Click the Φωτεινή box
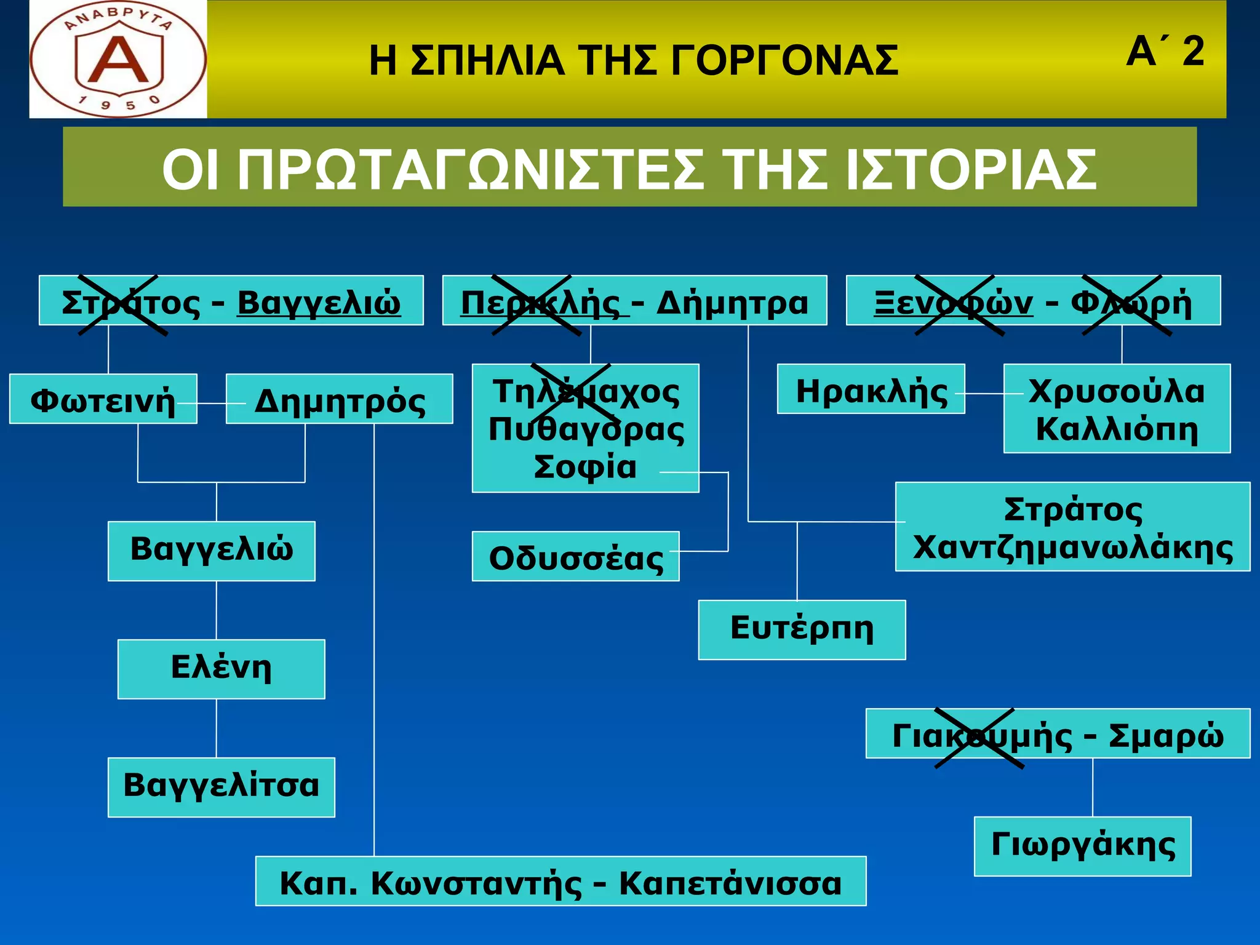pos(103,399)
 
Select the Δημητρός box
pos(340,399)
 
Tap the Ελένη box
pos(221,669)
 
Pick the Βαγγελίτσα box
pos(221,787)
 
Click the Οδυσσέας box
pos(576,556)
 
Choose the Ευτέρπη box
pos(802,629)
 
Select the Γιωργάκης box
pos(1083,846)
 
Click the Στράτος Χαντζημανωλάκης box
pos(1073,527)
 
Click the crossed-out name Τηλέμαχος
pos(586,392)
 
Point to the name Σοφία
pos(584,466)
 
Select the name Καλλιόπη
pos(1117,429)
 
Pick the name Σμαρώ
pos(1166,735)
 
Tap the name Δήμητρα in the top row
pos(732,303)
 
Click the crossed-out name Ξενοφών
pos(954,303)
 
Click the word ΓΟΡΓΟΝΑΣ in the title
pos(784,61)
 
